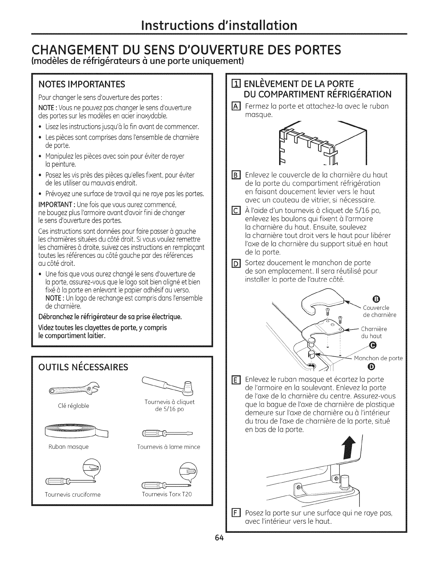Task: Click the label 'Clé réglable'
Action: pyautogui.click(x=74, y=406)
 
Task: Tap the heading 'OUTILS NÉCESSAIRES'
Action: pyautogui.click(x=83, y=367)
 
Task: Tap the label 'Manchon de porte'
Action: pyautogui.click(x=378, y=358)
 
